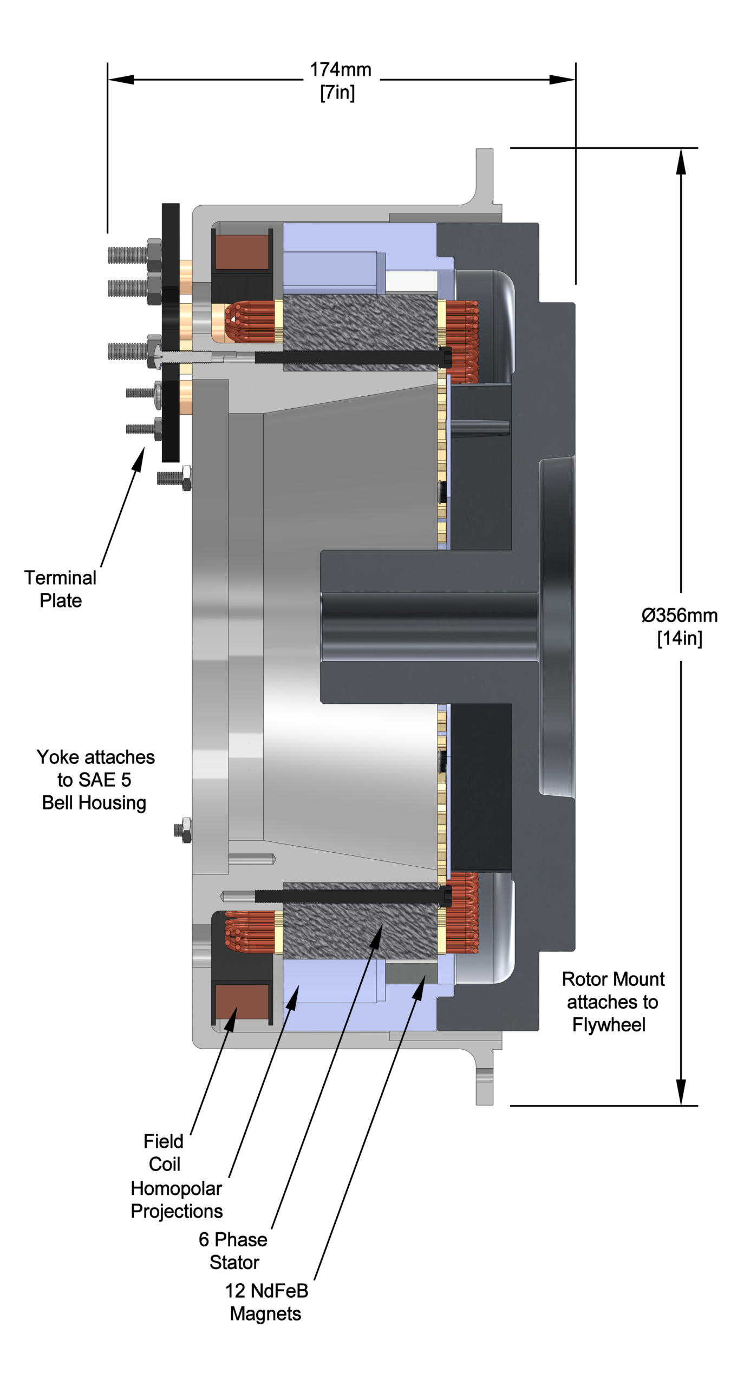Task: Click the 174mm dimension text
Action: point(340,70)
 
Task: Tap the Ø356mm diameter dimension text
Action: point(679,616)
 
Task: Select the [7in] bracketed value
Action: point(337,93)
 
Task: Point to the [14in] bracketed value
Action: point(680,638)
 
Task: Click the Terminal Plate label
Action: point(60,589)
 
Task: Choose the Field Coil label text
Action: point(164,1153)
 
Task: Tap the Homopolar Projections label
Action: point(177,1200)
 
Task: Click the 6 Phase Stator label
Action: point(233,1251)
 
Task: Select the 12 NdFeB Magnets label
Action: point(266,1302)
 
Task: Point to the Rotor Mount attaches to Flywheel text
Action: point(612,1002)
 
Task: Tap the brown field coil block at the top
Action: point(242,252)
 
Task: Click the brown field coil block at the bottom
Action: point(242,1001)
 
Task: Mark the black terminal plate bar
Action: point(171,332)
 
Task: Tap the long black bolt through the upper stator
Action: point(352,357)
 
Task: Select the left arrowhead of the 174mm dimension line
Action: point(121,80)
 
